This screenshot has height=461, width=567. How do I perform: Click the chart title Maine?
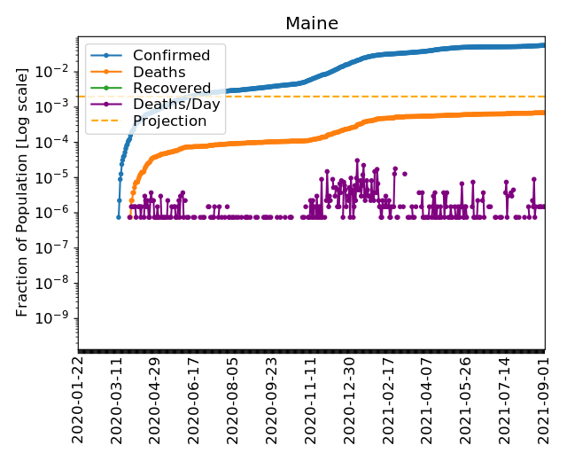(311, 24)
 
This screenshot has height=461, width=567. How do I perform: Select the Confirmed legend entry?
(171, 56)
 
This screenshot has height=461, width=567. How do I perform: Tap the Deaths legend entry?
(159, 72)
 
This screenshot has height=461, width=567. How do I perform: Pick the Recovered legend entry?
(172, 89)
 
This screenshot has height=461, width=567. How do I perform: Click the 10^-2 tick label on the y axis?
(58, 71)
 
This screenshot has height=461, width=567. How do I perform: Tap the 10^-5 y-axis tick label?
(58, 177)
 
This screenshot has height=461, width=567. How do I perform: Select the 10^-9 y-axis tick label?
(58, 318)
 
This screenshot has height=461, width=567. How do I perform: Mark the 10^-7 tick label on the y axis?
(58, 247)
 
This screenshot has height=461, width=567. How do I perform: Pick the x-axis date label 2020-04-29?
(155, 400)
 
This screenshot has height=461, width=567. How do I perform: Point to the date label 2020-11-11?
(310, 400)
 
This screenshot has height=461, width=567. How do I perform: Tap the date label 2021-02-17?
(388, 400)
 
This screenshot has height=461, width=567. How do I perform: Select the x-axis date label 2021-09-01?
(543, 400)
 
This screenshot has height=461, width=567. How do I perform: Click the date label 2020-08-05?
(233, 400)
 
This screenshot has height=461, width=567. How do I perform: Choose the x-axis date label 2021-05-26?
(465, 400)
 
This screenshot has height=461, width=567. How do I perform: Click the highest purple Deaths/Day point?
(357, 160)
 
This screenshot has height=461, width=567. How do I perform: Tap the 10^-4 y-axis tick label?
(58, 142)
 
